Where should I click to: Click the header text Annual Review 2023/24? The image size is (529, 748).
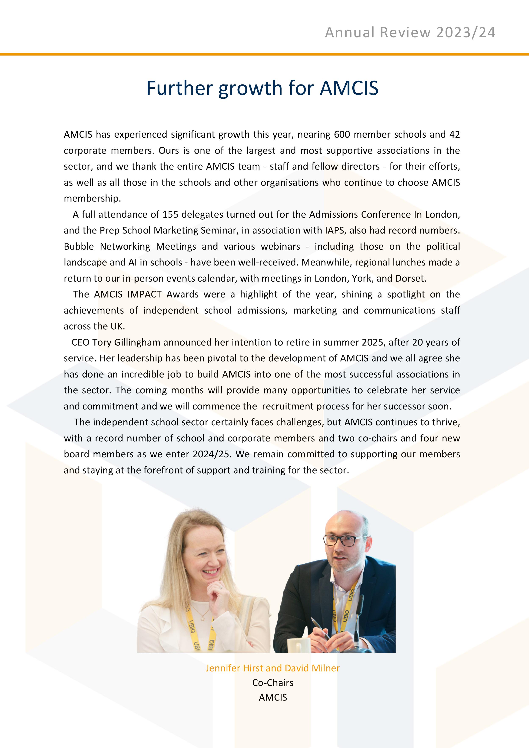pos(410,33)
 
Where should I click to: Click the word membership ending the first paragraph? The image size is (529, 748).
pos(92,198)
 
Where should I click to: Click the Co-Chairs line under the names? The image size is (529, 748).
pos(273,683)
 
